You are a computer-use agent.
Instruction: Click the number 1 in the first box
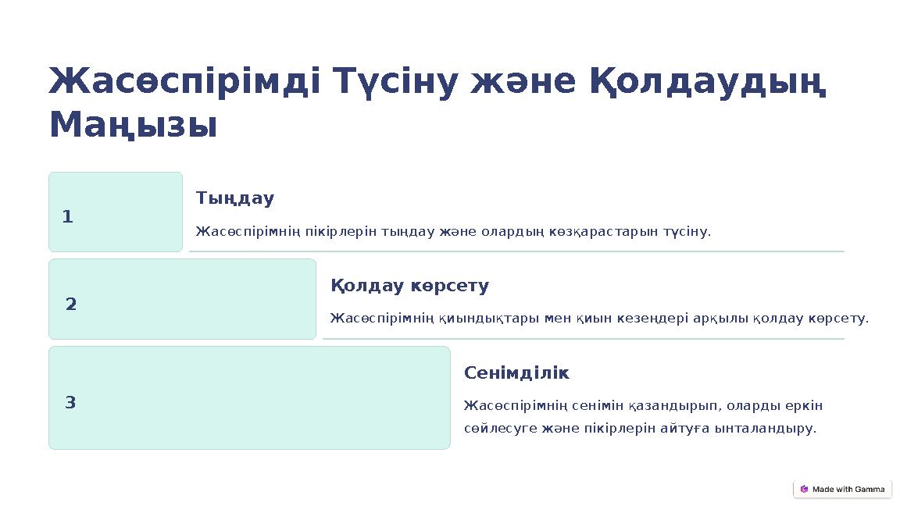[67, 217]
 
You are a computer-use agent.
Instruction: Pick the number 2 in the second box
[71, 304]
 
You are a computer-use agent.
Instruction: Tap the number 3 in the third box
[70, 403]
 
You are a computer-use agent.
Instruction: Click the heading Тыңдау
[235, 198]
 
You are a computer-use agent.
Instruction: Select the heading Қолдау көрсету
[410, 286]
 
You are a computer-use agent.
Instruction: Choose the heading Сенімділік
[516, 373]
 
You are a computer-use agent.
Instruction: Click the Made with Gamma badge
[842, 490]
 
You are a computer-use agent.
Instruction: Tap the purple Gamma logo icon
[804, 490]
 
